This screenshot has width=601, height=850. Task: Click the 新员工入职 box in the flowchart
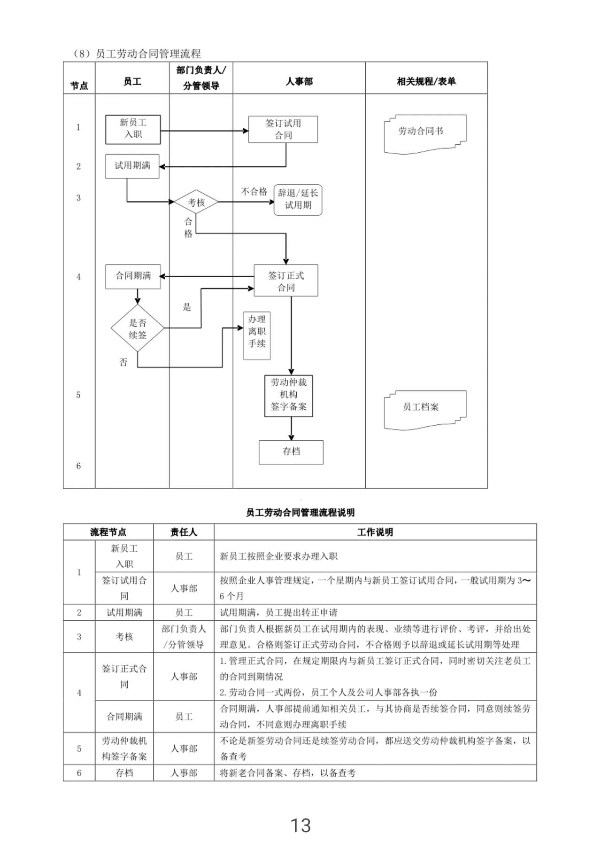point(133,129)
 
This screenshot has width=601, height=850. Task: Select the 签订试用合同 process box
point(283,129)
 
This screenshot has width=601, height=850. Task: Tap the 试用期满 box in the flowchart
point(132,166)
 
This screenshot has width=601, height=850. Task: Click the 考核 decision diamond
point(196,202)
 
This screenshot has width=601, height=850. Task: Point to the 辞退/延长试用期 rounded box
point(298,200)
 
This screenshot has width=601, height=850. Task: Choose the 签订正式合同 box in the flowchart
point(286,281)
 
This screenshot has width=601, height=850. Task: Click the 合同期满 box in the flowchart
point(133,276)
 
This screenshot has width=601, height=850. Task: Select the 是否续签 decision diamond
point(138,328)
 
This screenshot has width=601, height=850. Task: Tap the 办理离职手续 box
point(257,335)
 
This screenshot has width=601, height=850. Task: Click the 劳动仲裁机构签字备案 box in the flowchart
point(288,396)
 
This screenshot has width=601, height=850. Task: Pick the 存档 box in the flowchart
point(291,452)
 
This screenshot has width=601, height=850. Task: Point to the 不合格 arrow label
point(254,191)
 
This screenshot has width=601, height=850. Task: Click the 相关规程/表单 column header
point(426,81)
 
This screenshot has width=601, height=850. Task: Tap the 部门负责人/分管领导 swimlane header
point(201,78)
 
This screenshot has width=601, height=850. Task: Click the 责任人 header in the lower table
point(184,532)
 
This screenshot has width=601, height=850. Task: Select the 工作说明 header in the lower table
point(375,532)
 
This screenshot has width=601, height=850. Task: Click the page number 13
point(300,825)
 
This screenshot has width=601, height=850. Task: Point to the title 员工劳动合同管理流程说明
point(300,512)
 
